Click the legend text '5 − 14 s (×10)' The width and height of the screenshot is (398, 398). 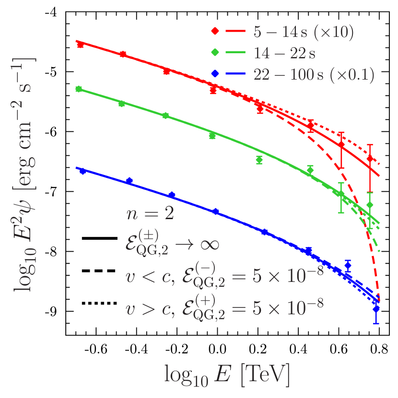point(303,32)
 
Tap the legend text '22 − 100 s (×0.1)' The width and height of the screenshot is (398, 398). point(314,74)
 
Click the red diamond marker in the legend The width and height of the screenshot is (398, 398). point(215,32)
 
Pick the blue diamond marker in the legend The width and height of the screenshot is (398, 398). point(215,74)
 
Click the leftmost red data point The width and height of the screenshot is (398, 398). point(80,45)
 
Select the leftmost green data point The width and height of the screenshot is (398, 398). point(79,89)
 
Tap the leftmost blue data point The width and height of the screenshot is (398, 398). point(82,171)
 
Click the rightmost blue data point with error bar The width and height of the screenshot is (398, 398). point(376,309)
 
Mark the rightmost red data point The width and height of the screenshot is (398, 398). point(370,159)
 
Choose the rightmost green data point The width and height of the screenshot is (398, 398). point(370,205)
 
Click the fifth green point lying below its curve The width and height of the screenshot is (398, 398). point(259,160)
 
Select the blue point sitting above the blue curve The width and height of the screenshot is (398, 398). point(348,265)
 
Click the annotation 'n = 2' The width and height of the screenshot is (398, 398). point(150,214)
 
